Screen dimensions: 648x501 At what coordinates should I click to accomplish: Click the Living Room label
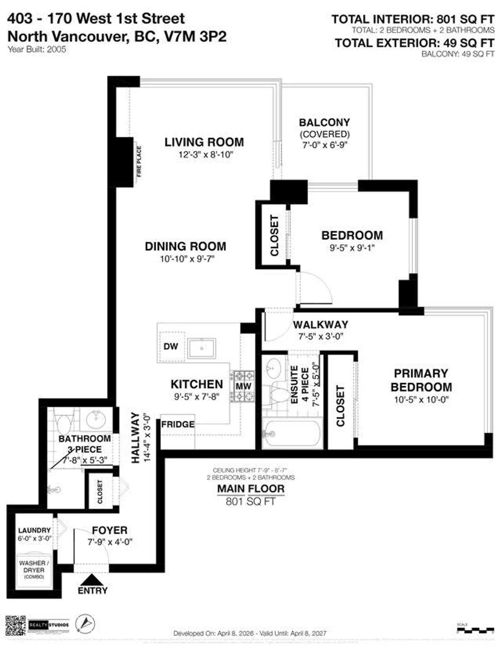pos(204,142)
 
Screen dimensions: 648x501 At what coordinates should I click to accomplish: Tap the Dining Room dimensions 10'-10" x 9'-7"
pos(187,259)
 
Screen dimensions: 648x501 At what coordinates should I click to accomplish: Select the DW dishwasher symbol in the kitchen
pos(171,346)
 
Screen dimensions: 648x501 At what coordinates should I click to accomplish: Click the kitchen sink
pos(202,348)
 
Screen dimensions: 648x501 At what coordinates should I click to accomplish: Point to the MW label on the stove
pos(244,386)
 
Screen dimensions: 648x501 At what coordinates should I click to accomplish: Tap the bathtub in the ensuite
pos(292,434)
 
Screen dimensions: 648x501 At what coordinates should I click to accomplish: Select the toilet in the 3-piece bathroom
pos(63,424)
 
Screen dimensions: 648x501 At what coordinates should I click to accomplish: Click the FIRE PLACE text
pos(139,161)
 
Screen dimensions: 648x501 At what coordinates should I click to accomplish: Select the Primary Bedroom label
pos(421,380)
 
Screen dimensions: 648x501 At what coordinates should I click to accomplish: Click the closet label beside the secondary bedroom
pos(275,235)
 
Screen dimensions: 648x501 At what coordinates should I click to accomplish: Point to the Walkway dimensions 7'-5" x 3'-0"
pos(320,337)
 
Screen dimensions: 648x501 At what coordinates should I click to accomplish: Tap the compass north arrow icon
pos(85,623)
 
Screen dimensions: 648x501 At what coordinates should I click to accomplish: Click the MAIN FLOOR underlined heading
pos(250,489)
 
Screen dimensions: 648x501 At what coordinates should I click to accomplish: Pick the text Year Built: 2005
pos(37,49)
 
